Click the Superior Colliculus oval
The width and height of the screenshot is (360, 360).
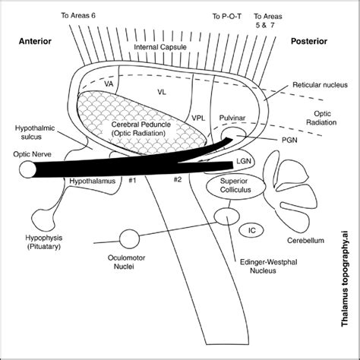[239, 187]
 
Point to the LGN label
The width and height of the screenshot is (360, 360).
[245, 162]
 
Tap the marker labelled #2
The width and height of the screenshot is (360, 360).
[177, 179]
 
